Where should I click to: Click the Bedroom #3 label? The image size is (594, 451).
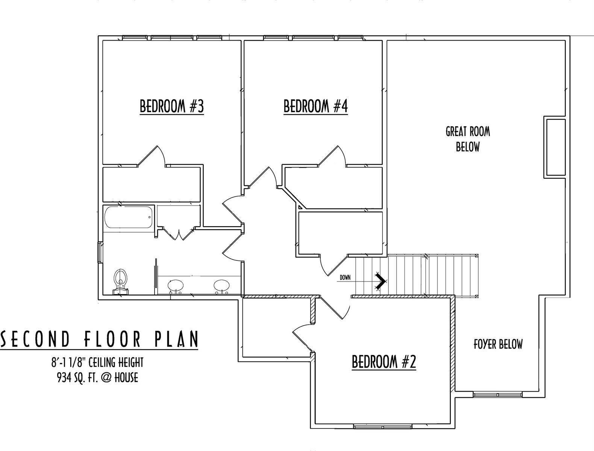[x=172, y=106]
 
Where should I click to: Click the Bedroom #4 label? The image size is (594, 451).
[x=315, y=106]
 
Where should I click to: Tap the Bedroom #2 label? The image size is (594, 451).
[x=384, y=362]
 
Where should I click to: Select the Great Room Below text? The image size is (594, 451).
[x=468, y=139]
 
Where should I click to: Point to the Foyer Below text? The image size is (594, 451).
[x=498, y=344]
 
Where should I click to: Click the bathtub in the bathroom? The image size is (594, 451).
[x=129, y=217]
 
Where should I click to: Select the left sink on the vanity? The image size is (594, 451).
[x=175, y=287]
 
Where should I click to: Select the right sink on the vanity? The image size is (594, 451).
[x=221, y=287]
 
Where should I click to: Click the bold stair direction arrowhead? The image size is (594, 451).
[x=381, y=281]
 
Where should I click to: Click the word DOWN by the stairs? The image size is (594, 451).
[x=345, y=278]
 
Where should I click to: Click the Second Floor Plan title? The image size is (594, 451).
[x=100, y=339]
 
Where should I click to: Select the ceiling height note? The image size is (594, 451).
[x=97, y=362]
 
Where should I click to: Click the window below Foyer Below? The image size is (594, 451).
[x=497, y=395]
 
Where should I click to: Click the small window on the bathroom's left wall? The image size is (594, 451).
[x=100, y=252]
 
